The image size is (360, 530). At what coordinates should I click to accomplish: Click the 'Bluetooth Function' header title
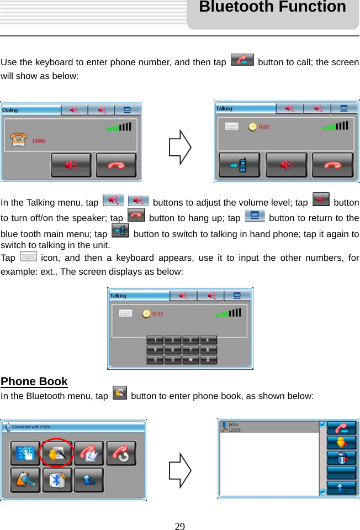pos(272,8)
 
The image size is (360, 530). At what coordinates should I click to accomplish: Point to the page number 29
pos(179,526)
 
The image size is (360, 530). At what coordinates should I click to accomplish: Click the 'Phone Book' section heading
pos(34,381)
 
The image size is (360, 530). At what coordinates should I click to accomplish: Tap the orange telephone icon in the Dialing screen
pos(18,140)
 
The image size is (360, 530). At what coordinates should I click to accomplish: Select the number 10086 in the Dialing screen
pos(39,141)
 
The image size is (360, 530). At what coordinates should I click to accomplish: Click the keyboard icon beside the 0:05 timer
pos(232,127)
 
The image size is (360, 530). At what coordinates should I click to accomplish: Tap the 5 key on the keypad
pos(155,350)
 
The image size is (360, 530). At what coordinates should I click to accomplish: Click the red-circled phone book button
pos(57,453)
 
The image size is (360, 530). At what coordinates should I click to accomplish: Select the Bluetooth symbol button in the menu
pos(57,480)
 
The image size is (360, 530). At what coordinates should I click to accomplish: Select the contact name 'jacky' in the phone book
pos(233,424)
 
